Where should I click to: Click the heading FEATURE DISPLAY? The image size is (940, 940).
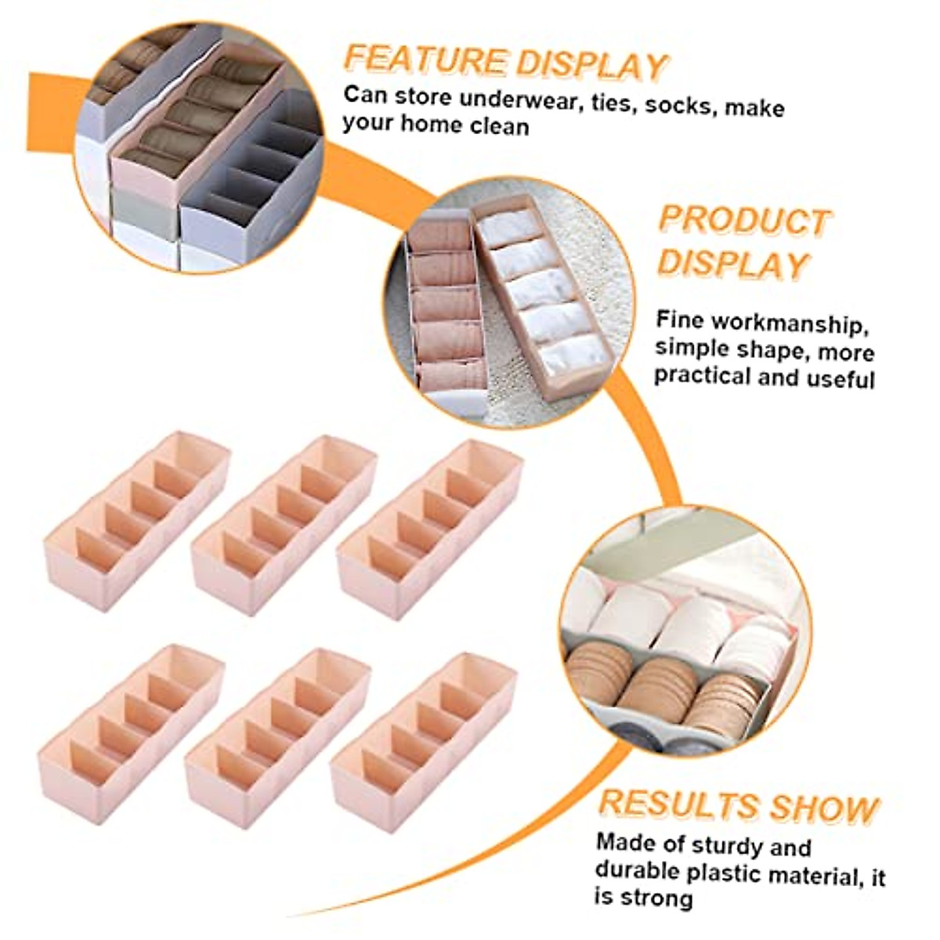505,63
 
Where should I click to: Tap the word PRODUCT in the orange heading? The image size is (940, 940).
743,222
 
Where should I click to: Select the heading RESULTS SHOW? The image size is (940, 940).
738,805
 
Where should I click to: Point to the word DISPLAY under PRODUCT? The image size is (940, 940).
731,265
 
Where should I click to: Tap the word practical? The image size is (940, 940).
702,376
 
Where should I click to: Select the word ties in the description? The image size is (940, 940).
614,102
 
